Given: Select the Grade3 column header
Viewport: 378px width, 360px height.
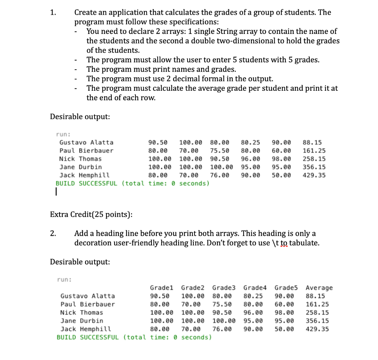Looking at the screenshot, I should tap(224, 288).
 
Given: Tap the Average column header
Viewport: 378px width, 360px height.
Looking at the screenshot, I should tap(319, 288).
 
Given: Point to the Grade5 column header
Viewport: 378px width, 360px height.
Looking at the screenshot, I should tap(286, 288).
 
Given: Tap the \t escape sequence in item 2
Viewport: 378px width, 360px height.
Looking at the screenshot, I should tap(275, 243).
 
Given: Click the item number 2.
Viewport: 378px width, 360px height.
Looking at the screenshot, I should tap(53, 233).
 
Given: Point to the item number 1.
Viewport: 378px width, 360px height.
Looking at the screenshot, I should tap(53, 13).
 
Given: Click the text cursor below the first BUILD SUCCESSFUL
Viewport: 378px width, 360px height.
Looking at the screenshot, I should tap(55, 192).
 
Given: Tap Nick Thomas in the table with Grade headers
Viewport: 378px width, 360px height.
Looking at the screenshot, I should tap(82, 312).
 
